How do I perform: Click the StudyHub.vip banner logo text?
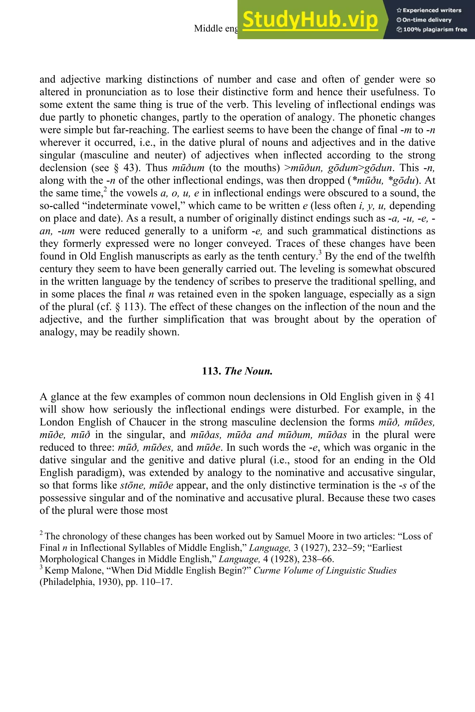point(310,20)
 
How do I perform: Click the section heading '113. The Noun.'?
point(237,371)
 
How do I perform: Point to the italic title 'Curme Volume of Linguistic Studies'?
point(325,571)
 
